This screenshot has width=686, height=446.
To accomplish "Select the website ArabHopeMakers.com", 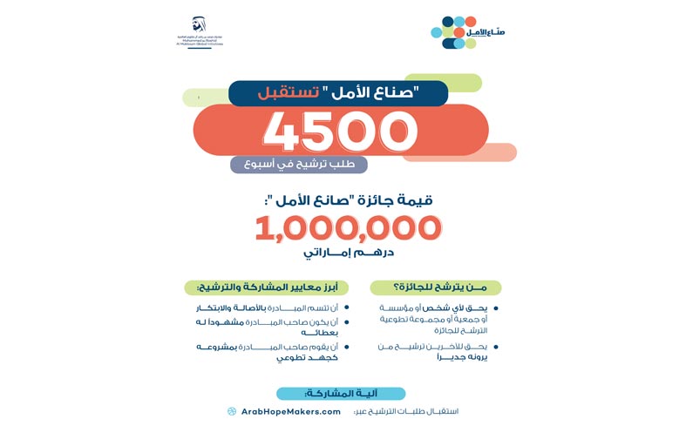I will coord(290,411).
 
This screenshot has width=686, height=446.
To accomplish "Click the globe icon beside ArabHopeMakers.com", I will coord(232,411).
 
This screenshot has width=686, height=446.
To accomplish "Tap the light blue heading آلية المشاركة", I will coord(341,394).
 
